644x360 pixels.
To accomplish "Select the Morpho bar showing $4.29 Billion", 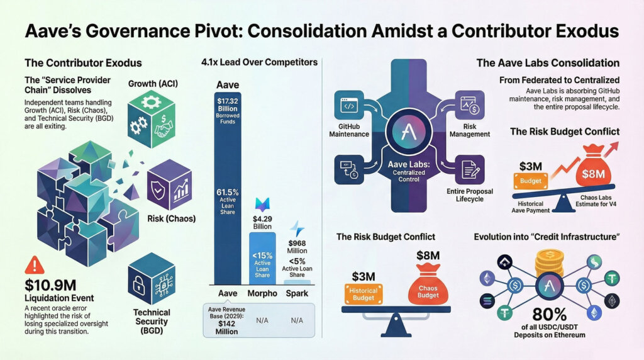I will pyautogui.click(x=262, y=258).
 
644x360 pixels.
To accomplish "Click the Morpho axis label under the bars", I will pyautogui.click(x=262, y=294).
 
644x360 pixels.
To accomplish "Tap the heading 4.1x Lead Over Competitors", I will pyautogui.click(x=259, y=63).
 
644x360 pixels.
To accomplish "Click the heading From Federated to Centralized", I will pyautogui.click(x=559, y=81).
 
